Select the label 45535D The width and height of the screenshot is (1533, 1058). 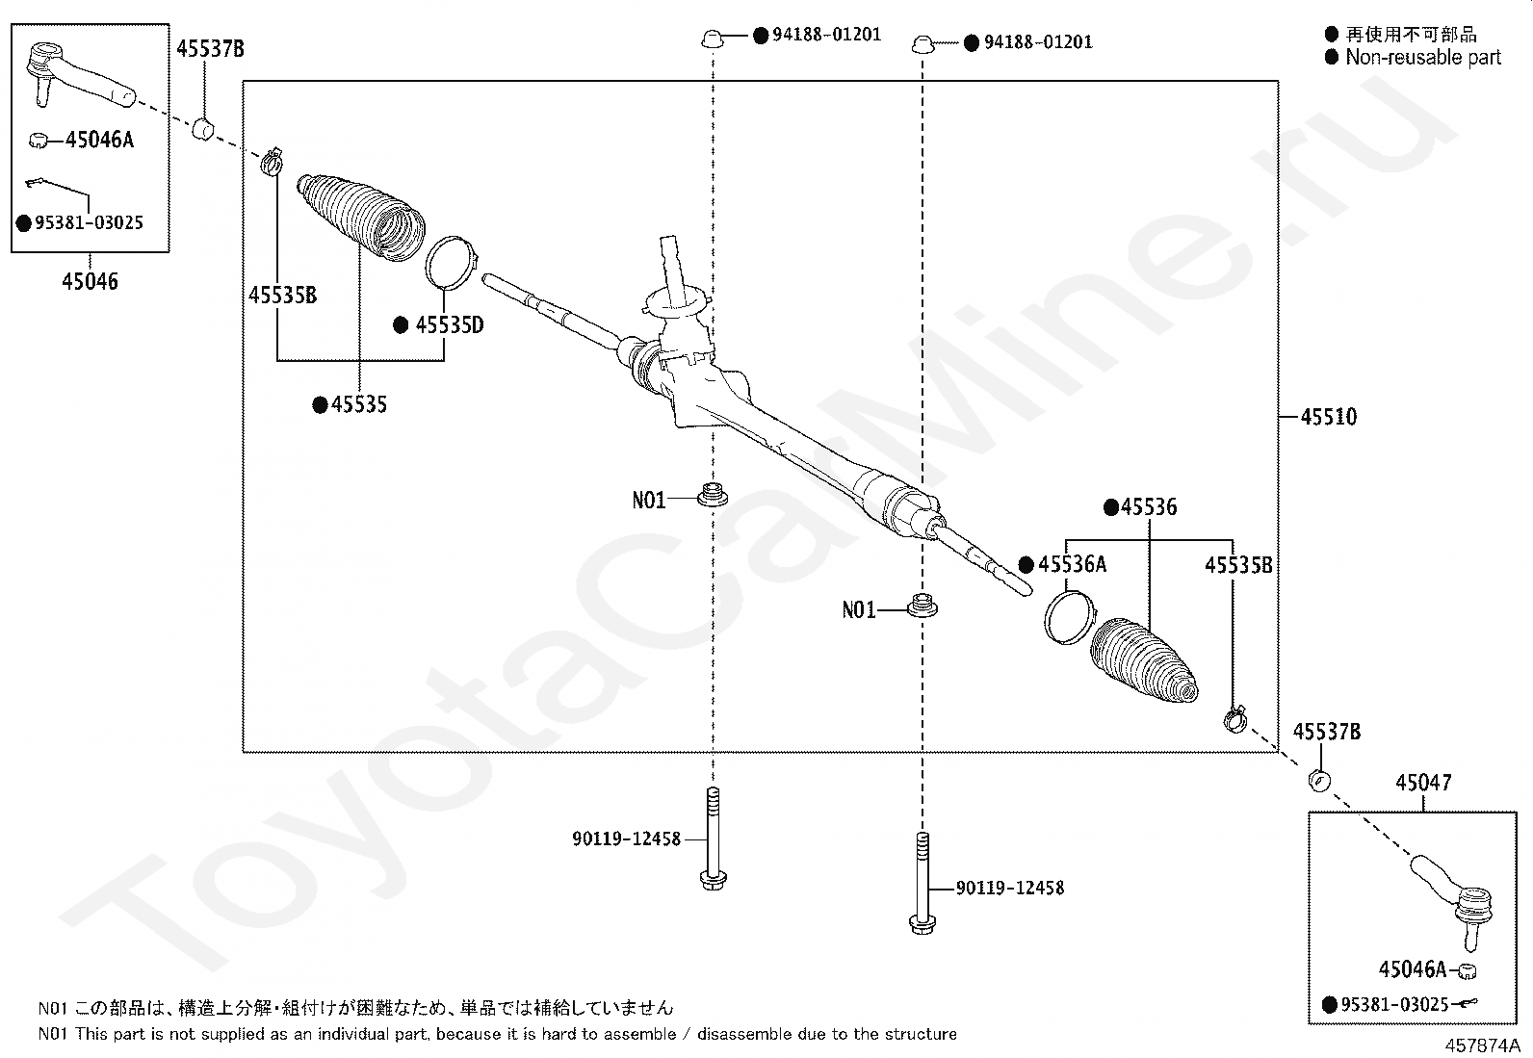(x=449, y=325)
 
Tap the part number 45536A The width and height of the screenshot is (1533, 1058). (x=1072, y=565)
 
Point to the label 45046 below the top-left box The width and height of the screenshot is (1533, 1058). (x=90, y=282)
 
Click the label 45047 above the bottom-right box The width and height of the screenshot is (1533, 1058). (x=1423, y=784)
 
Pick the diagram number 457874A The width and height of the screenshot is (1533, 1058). (x=1481, y=1045)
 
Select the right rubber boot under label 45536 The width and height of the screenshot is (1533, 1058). (x=1144, y=661)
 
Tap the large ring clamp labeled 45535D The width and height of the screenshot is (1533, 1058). (x=449, y=261)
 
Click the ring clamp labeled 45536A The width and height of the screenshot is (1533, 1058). (x=1069, y=617)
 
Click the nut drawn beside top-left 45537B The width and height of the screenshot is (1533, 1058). (x=203, y=127)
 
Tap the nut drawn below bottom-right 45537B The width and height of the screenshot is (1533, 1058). (x=1319, y=779)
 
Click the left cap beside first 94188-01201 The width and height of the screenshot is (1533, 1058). (x=712, y=39)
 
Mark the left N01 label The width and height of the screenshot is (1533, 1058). (x=648, y=501)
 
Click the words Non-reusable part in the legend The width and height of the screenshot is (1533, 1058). (x=1422, y=58)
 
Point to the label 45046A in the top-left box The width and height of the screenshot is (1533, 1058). (x=99, y=141)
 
